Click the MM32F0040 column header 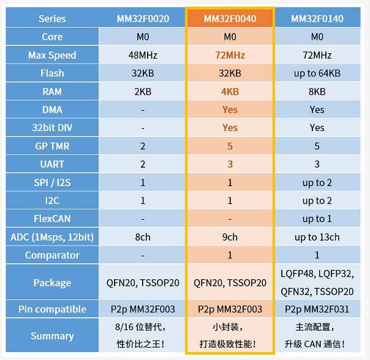230,18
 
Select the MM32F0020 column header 143,18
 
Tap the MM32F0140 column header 317,18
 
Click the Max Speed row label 52,55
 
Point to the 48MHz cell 143,55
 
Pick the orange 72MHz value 230,55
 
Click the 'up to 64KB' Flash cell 317,73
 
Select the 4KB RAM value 230,91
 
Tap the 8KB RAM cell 317,91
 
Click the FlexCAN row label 52,219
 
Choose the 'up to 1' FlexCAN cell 317,219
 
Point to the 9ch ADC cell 230,237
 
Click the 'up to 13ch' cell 317,237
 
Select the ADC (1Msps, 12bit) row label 52,237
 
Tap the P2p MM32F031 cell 317,309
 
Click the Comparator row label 52,255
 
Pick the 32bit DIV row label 52,128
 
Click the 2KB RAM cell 143,91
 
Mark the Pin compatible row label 52,309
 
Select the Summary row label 52,336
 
